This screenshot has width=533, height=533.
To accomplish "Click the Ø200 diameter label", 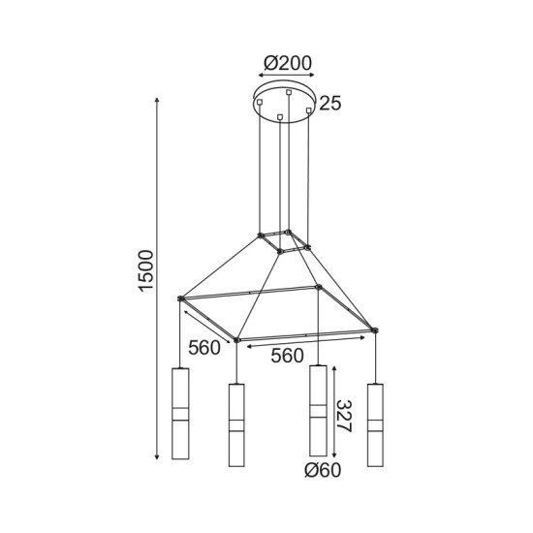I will coord(288,64).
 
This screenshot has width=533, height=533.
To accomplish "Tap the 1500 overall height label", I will coord(144,276).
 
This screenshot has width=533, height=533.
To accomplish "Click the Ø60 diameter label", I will coord(323,471).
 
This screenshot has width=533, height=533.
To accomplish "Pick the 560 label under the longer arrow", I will coord(289,356).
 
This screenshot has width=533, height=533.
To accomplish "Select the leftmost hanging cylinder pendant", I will coord(178,414).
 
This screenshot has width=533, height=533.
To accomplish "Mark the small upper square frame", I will coord(284,241).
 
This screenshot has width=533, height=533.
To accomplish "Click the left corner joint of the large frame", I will coord(180,299).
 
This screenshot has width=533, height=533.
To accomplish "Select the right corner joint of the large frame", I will coord(375,331).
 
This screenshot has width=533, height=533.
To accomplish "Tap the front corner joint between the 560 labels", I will coord(237,340).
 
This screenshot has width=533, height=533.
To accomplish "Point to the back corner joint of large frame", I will coord(319,287).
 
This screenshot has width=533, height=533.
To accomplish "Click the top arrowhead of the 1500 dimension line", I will coord(157,99).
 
